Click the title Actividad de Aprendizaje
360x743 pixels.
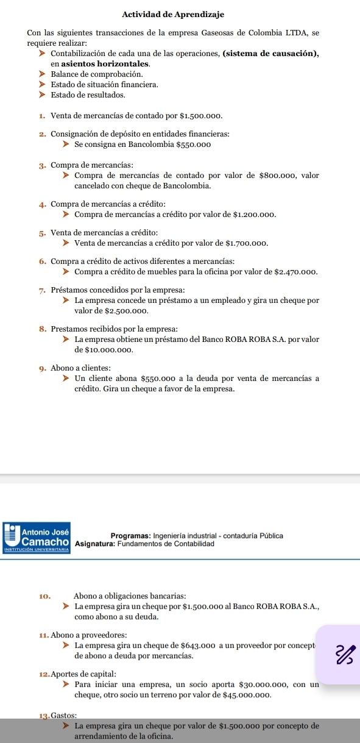pos(181,14)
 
